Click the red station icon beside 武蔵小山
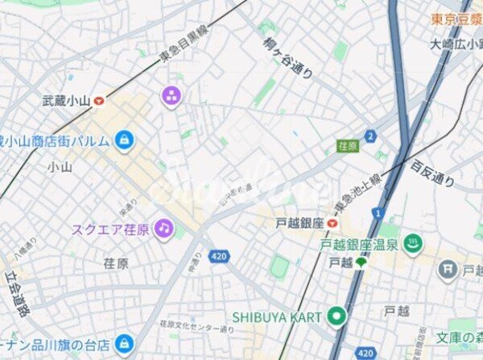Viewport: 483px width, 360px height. pyautogui.click(x=99, y=101)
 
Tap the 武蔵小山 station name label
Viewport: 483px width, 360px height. pyautogui.click(x=66, y=101)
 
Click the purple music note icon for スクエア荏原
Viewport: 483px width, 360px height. pyautogui.click(x=164, y=229)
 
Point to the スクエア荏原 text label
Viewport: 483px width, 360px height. pyautogui.click(x=110, y=230)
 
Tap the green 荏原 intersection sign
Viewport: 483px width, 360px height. pyautogui.click(x=347, y=147)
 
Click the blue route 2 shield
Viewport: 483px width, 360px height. pyautogui.click(x=370, y=136)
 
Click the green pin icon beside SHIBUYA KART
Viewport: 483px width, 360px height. pyautogui.click(x=336, y=316)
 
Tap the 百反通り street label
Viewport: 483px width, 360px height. pyautogui.click(x=433, y=174)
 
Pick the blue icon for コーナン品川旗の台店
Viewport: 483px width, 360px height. pyautogui.click(x=123, y=344)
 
